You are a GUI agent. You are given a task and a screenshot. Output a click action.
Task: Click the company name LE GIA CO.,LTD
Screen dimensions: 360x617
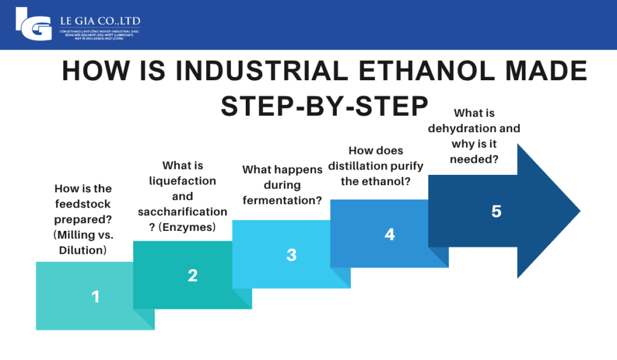pos(100,22)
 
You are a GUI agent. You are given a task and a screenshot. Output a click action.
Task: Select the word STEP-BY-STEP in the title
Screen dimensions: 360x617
pos(324,106)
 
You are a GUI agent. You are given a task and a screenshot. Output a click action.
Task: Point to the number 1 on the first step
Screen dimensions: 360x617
pos(95,296)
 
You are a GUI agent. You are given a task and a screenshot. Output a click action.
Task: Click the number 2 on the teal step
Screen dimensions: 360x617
pos(192,276)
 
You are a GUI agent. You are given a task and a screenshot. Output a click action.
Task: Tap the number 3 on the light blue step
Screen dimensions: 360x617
pos(291,254)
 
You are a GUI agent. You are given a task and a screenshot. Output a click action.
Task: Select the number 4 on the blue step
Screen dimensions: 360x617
pos(389,234)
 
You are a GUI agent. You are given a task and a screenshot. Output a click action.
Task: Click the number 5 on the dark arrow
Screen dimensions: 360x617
pos(496,212)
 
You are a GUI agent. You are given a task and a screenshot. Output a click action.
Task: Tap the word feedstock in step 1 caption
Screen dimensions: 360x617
pos(83,204)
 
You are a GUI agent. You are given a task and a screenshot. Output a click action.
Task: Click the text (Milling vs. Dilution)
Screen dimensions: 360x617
pos(83,242)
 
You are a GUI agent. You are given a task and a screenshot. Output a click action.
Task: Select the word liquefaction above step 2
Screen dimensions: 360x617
pos(183,180)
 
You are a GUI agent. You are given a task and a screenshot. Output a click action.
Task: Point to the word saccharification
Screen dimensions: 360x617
pos(183,212)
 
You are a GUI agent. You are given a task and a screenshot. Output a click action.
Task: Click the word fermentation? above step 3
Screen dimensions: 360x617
pos(282,200)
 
